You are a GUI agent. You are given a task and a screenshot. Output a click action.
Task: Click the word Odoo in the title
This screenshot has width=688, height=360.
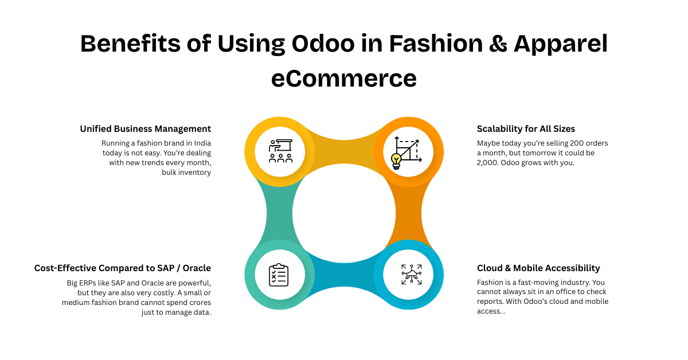pyautogui.click(x=323, y=44)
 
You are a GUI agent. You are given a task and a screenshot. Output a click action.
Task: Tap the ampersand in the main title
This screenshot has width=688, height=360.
pyautogui.click(x=498, y=44)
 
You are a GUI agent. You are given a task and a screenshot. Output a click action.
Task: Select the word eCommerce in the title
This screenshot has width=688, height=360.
pyautogui.click(x=344, y=78)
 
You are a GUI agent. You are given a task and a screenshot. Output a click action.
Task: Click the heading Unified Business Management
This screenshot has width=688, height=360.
pyautogui.click(x=146, y=129)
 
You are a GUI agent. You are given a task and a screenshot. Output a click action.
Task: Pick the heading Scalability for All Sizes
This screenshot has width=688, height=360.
pyautogui.click(x=526, y=129)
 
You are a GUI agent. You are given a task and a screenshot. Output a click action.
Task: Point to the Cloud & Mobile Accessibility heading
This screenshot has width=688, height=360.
pyautogui.click(x=538, y=268)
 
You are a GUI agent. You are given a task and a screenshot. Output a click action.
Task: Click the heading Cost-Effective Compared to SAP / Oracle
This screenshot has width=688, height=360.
pyautogui.click(x=123, y=268)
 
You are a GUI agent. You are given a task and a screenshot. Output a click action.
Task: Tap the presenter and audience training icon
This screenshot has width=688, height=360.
pyautogui.click(x=280, y=151)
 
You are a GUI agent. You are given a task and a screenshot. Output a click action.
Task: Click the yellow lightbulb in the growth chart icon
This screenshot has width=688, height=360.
pyautogui.click(x=396, y=161)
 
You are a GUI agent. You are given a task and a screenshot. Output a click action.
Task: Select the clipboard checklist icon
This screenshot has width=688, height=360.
pyautogui.click(x=279, y=275)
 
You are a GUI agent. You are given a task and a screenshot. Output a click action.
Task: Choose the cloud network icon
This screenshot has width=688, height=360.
pyautogui.click(x=412, y=275)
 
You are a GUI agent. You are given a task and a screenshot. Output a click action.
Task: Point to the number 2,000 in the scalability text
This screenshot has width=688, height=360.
pyautogui.click(x=487, y=162)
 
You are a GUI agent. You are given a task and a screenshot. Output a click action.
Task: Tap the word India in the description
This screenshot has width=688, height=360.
pyautogui.click(x=202, y=143)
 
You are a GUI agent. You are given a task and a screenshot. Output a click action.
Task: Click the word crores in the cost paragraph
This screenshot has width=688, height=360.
pyautogui.click(x=200, y=303)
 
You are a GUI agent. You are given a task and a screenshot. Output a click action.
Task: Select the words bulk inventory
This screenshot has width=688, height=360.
pyautogui.click(x=186, y=173)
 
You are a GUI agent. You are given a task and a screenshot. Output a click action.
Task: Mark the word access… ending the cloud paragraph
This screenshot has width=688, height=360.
pyautogui.click(x=491, y=311)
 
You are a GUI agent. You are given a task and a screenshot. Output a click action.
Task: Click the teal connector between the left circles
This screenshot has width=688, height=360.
pyautogui.click(x=279, y=213)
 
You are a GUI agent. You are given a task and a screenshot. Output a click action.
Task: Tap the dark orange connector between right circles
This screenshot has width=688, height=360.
pyautogui.click(x=409, y=213)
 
